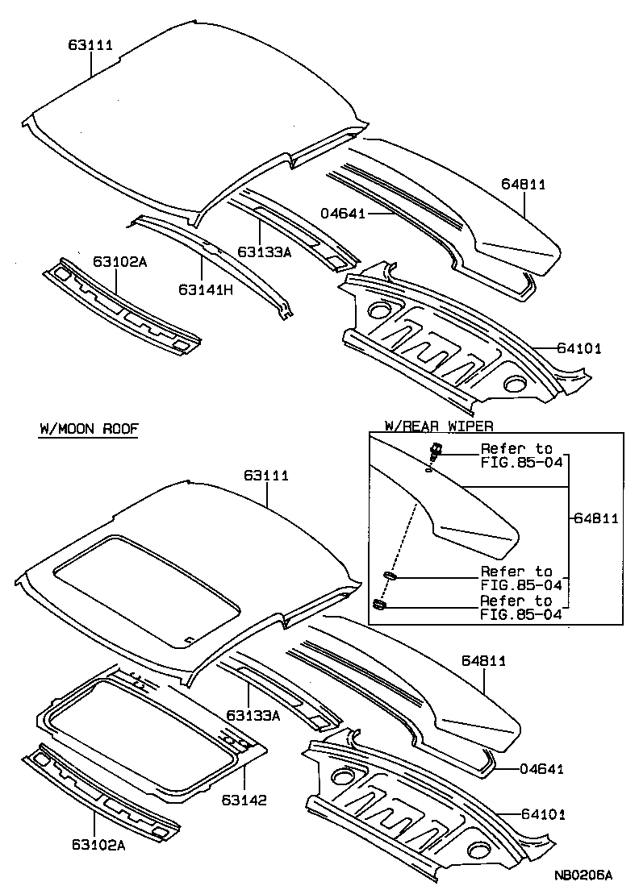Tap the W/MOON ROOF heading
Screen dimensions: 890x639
pyautogui.click(x=89, y=429)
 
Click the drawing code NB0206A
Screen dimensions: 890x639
pyautogui.click(x=583, y=875)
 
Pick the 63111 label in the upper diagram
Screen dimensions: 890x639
pyautogui.click(x=90, y=45)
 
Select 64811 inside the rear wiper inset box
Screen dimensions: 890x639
pyautogui.click(x=595, y=518)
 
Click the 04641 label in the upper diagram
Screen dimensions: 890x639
pyautogui.click(x=343, y=214)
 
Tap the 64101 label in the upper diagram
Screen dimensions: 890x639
pyautogui.click(x=578, y=348)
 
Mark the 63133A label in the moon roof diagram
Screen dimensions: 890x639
pyautogui.click(x=253, y=715)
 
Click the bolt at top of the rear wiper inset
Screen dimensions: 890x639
pyautogui.click(x=436, y=451)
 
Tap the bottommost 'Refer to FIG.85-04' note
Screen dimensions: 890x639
pyautogui.click(x=517, y=608)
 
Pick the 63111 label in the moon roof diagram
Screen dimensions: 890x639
pyautogui.click(x=266, y=476)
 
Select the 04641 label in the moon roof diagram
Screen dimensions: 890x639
pyautogui.click(x=541, y=769)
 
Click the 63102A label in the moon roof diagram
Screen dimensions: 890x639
pyautogui.click(x=96, y=844)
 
